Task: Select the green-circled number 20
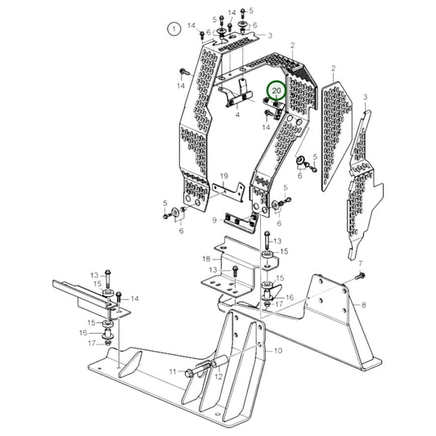point(277,92)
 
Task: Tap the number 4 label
point(236,116)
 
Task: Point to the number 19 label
point(222,177)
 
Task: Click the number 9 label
point(214,220)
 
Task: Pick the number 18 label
point(206,259)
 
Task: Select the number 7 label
point(358,263)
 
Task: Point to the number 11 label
point(173,372)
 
